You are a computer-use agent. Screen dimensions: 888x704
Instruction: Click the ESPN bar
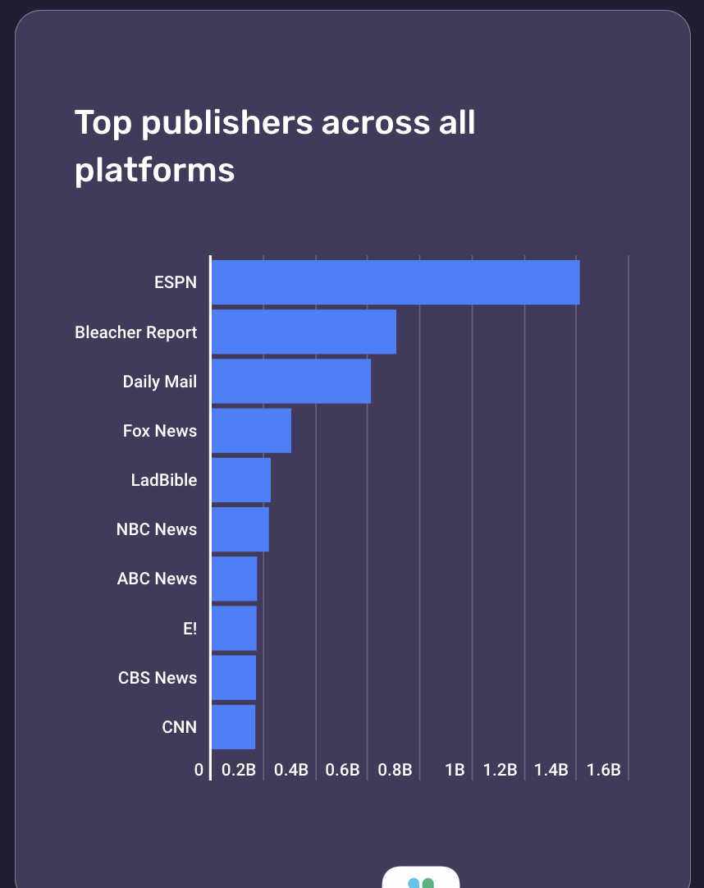coord(395,282)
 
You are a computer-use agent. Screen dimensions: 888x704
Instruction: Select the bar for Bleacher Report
coord(304,332)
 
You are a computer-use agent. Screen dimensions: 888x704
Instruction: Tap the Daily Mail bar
coord(291,381)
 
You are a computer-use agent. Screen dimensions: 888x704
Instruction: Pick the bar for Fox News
coord(251,430)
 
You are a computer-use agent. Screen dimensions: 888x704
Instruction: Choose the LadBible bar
coord(241,480)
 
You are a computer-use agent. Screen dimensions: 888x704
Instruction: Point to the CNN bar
coord(234,727)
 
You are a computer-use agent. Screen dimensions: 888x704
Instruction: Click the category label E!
coord(190,629)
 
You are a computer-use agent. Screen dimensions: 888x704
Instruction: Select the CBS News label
coord(158,678)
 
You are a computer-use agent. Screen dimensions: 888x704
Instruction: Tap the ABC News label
coord(157,579)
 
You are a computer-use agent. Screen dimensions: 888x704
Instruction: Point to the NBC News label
coord(157,529)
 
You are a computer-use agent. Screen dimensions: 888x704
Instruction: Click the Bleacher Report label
coord(136,332)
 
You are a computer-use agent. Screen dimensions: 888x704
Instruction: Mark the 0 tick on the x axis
coord(199,771)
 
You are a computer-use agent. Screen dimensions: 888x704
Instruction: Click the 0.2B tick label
coord(239,771)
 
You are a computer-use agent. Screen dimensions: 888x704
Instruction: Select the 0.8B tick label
coord(395,771)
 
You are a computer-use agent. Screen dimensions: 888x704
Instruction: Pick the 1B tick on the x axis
coord(455,771)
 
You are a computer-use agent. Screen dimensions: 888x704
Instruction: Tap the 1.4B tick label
coord(551,771)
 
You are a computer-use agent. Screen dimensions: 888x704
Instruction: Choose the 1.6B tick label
coord(604,771)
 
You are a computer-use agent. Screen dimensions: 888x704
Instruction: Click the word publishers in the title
coord(227,122)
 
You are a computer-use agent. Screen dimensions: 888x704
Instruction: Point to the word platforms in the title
coord(155,170)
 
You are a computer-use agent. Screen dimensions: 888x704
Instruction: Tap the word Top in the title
coord(103,122)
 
